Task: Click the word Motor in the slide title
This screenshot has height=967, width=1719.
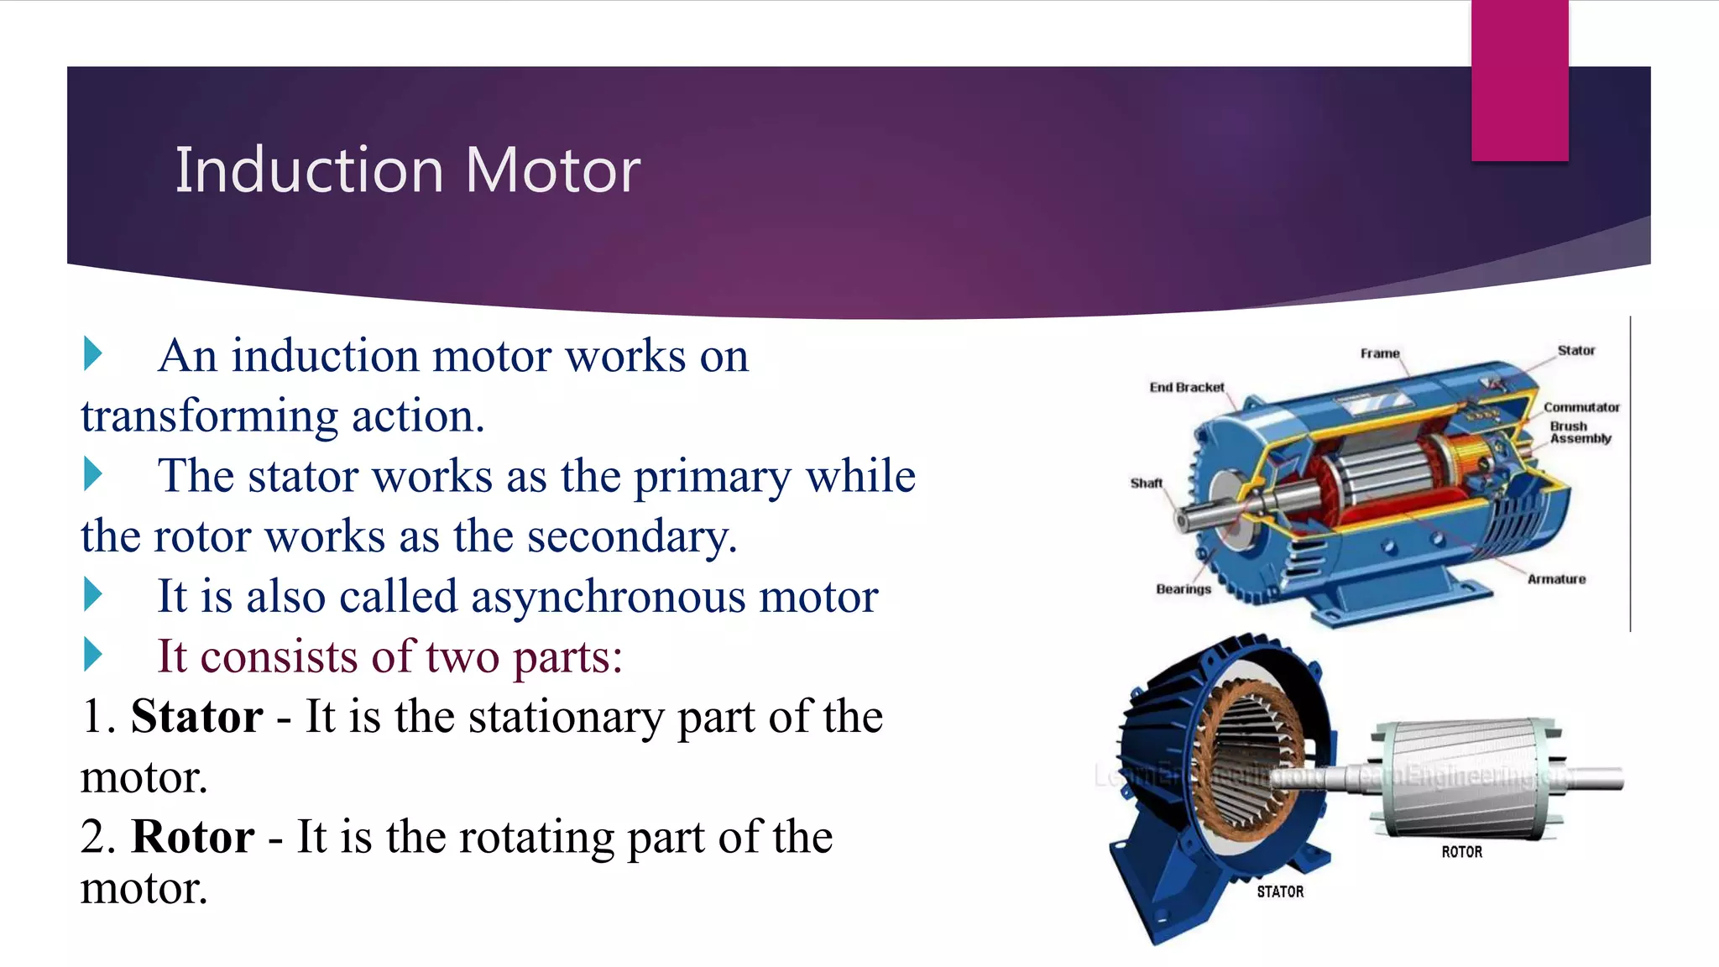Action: click(x=552, y=170)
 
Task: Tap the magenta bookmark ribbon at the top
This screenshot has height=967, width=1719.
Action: click(x=1519, y=81)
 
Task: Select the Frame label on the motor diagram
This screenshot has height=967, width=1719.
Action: click(x=1380, y=353)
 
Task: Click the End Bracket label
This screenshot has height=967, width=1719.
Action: click(x=1186, y=387)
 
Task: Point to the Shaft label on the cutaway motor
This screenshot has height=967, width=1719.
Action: click(x=1146, y=483)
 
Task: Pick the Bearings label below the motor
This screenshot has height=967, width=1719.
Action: click(x=1183, y=589)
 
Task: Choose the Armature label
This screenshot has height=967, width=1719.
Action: click(x=1556, y=579)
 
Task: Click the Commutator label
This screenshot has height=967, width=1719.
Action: click(x=1581, y=407)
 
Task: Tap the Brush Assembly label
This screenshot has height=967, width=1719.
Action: click(x=1580, y=432)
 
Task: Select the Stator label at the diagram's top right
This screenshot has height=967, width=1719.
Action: click(x=1575, y=351)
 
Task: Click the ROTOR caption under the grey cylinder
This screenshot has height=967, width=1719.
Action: click(x=1461, y=852)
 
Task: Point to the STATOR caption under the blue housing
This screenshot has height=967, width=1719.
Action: click(x=1280, y=891)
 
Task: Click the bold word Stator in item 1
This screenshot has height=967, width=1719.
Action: click(x=196, y=717)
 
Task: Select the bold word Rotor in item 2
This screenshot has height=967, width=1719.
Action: click(x=193, y=837)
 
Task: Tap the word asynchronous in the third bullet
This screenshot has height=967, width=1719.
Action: click(x=608, y=597)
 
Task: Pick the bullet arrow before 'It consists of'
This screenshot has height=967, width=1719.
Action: click(x=93, y=655)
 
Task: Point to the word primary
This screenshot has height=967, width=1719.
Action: click(x=712, y=477)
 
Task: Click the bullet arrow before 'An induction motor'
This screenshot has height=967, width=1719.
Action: click(x=93, y=353)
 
